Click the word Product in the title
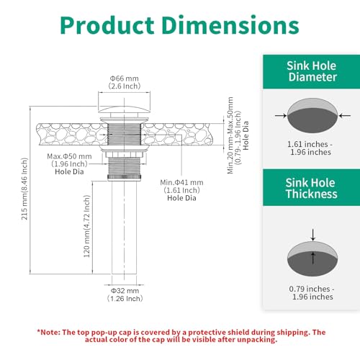point(107,25)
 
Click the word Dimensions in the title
point(230,25)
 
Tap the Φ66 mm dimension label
point(125,78)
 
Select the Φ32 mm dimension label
point(125,291)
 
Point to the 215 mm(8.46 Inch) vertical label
point(24,189)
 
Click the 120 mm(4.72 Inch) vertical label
point(86,226)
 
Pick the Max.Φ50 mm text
point(69,156)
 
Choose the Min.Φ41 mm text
point(181,182)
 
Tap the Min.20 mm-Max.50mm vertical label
point(230,135)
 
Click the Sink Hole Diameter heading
point(312,71)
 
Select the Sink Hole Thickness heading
point(311,188)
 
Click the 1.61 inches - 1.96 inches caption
point(310,148)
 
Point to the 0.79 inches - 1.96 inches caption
point(312,293)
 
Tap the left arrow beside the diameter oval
point(281,116)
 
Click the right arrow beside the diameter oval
point(345,116)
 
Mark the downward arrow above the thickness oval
point(312,235)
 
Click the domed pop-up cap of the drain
point(124,109)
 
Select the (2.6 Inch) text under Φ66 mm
point(125,86)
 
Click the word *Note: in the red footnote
point(49,333)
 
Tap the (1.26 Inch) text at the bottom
point(125,299)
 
